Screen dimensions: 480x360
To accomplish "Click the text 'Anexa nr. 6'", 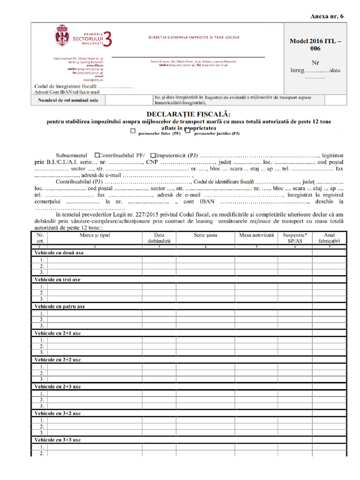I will (x=327, y=16).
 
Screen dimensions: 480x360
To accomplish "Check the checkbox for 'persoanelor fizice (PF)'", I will (x=134, y=131).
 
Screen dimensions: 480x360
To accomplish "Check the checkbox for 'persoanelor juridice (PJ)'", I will (x=187, y=131).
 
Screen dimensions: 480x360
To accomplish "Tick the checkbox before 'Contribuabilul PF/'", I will (x=97, y=155).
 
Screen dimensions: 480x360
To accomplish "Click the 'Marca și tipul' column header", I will (x=95, y=235).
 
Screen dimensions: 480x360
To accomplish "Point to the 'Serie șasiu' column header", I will (x=205, y=235).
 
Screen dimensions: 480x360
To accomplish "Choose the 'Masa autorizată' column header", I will (x=256, y=235).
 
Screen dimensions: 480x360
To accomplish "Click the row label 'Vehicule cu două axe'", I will (x=59, y=253).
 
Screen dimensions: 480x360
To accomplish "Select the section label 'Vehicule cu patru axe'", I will (x=60, y=306).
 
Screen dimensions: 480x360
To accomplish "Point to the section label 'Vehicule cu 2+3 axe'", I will (x=58, y=387).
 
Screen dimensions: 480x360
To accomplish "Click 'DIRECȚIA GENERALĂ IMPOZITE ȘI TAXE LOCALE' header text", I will (x=194, y=37).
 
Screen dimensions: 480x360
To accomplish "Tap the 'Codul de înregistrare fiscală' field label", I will (x=66, y=86).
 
